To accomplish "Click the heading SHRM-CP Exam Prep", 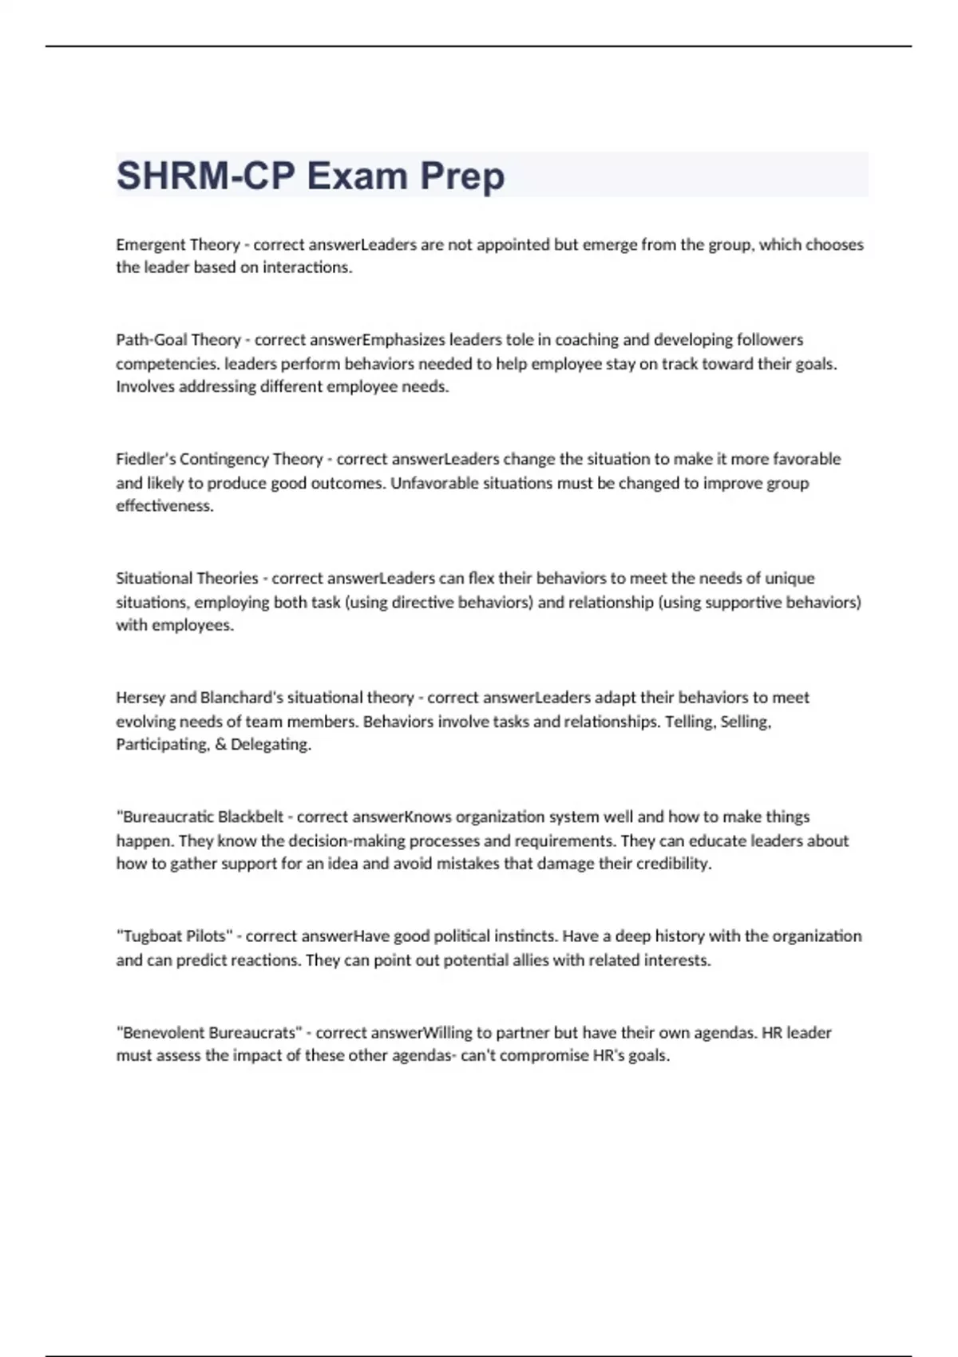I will pyautogui.click(x=311, y=176).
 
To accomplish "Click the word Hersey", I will pyautogui.click(x=141, y=698).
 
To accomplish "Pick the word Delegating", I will pyautogui.click(x=271, y=745).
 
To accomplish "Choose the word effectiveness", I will pyautogui.click(x=164, y=506).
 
